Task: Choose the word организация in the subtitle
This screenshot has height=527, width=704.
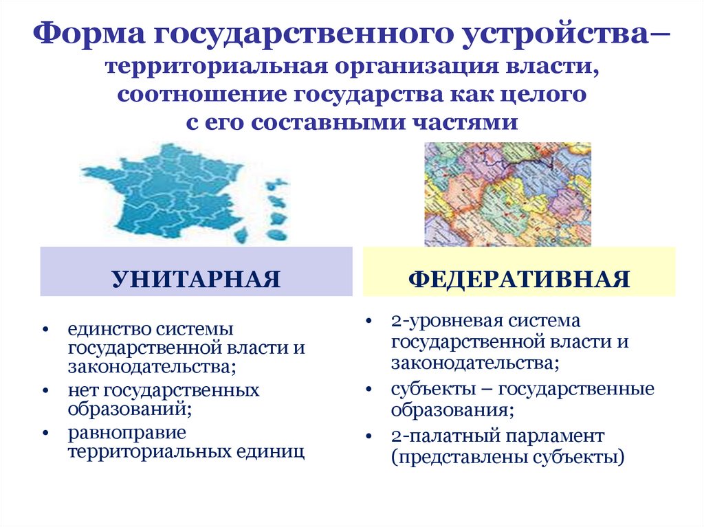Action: [x=408, y=67]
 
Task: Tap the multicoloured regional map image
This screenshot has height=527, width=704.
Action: [x=507, y=194]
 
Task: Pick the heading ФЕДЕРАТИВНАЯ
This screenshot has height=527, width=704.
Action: [x=519, y=279]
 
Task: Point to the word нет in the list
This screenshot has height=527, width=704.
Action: [x=82, y=391]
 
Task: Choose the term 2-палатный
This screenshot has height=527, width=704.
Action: [x=434, y=436]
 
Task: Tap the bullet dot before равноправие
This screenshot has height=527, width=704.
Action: [x=45, y=434]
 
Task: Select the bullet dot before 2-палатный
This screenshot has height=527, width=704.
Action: [x=369, y=436]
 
